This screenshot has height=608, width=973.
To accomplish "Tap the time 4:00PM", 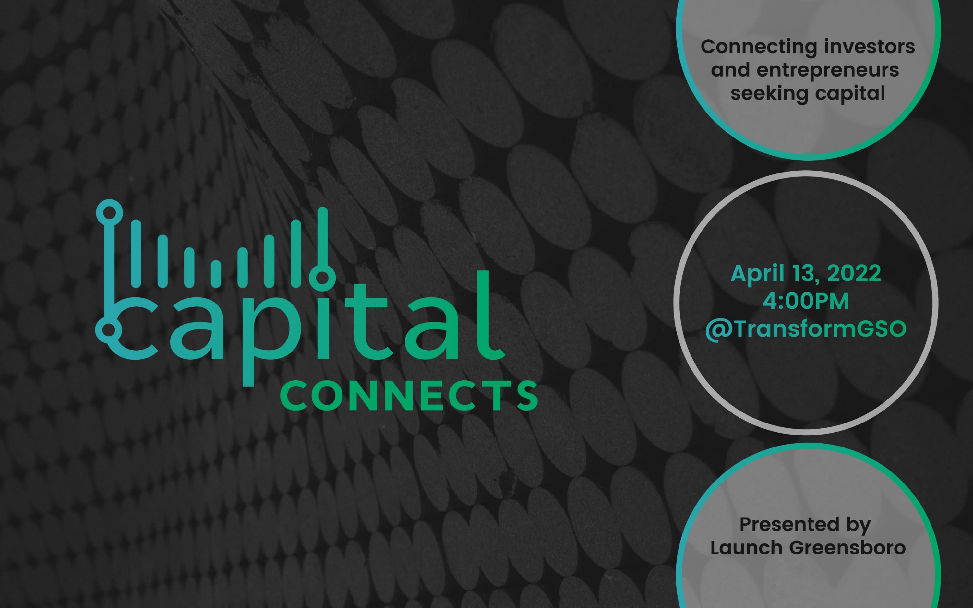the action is click(x=806, y=302).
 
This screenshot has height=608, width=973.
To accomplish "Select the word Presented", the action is click(x=783, y=524).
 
